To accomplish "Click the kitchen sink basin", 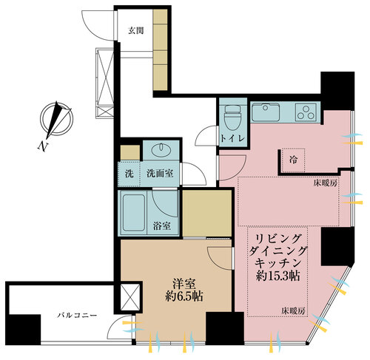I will [263, 113].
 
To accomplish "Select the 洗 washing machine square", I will [128, 175].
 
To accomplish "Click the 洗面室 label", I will [159, 175].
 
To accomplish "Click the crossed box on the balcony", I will [128, 297].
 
